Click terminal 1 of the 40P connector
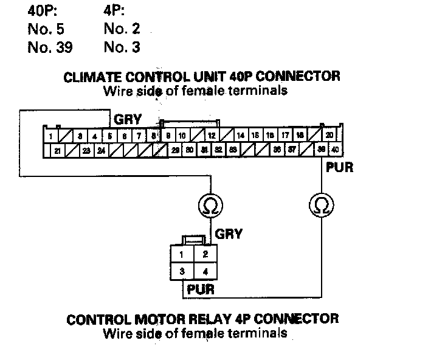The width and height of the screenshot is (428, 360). (52, 136)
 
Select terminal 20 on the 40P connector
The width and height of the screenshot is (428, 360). (329, 135)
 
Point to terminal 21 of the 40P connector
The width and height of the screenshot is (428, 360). (57, 149)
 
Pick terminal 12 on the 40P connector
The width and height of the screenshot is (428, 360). (212, 136)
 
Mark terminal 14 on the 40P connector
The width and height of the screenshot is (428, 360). (241, 136)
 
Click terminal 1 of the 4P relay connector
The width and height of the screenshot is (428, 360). (182, 254)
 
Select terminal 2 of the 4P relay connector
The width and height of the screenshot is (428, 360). (205, 254)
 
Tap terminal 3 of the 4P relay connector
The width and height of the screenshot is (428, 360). (182, 271)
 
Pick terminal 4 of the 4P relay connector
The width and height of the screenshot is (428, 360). (205, 271)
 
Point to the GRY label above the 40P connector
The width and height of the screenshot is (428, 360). (128, 120)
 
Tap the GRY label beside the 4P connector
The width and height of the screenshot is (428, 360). (229, 234)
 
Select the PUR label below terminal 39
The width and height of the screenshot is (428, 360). (339, 167)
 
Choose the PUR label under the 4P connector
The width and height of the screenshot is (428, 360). (201, 289)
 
